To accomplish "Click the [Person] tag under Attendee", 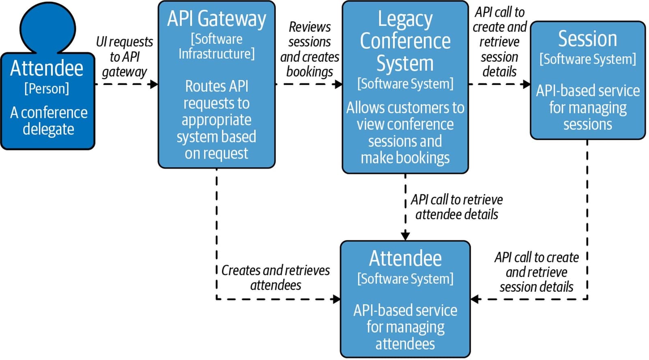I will coord(47,88).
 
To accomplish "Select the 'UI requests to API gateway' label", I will coord(125,57).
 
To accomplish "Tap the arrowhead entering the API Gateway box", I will coord(154,84).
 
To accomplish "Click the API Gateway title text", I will coord(217,19).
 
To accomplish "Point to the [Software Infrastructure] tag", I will coord(217,46).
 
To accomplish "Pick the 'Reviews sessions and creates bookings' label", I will coord(309,49).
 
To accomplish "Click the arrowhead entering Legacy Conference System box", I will coord(338,84).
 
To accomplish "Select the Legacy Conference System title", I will coord(405,41).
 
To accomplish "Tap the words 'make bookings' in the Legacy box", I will coord(405,158).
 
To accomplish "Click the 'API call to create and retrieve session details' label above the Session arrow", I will coord(499,42).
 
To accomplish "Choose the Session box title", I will coord(587,39).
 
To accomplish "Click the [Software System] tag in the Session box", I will coord(587,59).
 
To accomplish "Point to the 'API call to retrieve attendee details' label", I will coord(457,207).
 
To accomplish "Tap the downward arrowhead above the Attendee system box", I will coord(405,236).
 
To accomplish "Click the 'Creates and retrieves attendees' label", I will coord(276,278).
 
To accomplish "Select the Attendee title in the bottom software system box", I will coord(405,258).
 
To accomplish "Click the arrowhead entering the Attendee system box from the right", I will coord(475,299).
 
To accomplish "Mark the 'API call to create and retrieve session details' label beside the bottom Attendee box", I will coord(536,272).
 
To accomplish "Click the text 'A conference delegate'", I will coord(48,121).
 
